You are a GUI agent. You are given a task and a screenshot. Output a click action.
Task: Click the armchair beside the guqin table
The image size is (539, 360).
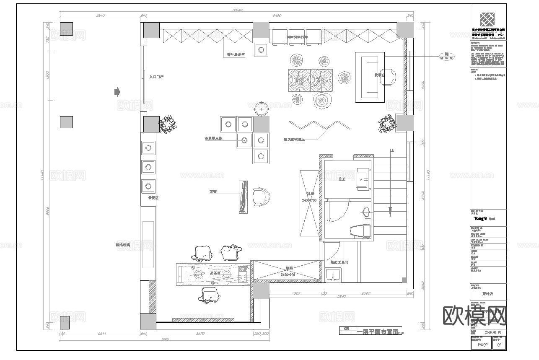coord(262,197)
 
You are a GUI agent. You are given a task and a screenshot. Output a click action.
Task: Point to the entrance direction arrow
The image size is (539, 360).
coord(117,91)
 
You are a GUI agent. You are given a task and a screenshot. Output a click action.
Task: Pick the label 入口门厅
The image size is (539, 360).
coord(156,77)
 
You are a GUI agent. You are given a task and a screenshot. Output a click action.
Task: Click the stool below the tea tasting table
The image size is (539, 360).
coord(208,295)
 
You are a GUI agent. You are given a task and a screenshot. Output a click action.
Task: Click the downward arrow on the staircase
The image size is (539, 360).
coord(390,210)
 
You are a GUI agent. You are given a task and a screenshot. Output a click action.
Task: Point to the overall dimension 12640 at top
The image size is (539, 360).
coord(237,10)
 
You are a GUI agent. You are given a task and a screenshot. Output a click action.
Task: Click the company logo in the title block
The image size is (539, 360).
coord(488,19)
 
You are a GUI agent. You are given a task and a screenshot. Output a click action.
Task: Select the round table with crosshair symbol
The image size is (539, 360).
coord(262,109)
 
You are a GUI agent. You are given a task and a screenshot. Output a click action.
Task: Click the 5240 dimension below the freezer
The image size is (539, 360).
coord(341,297)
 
